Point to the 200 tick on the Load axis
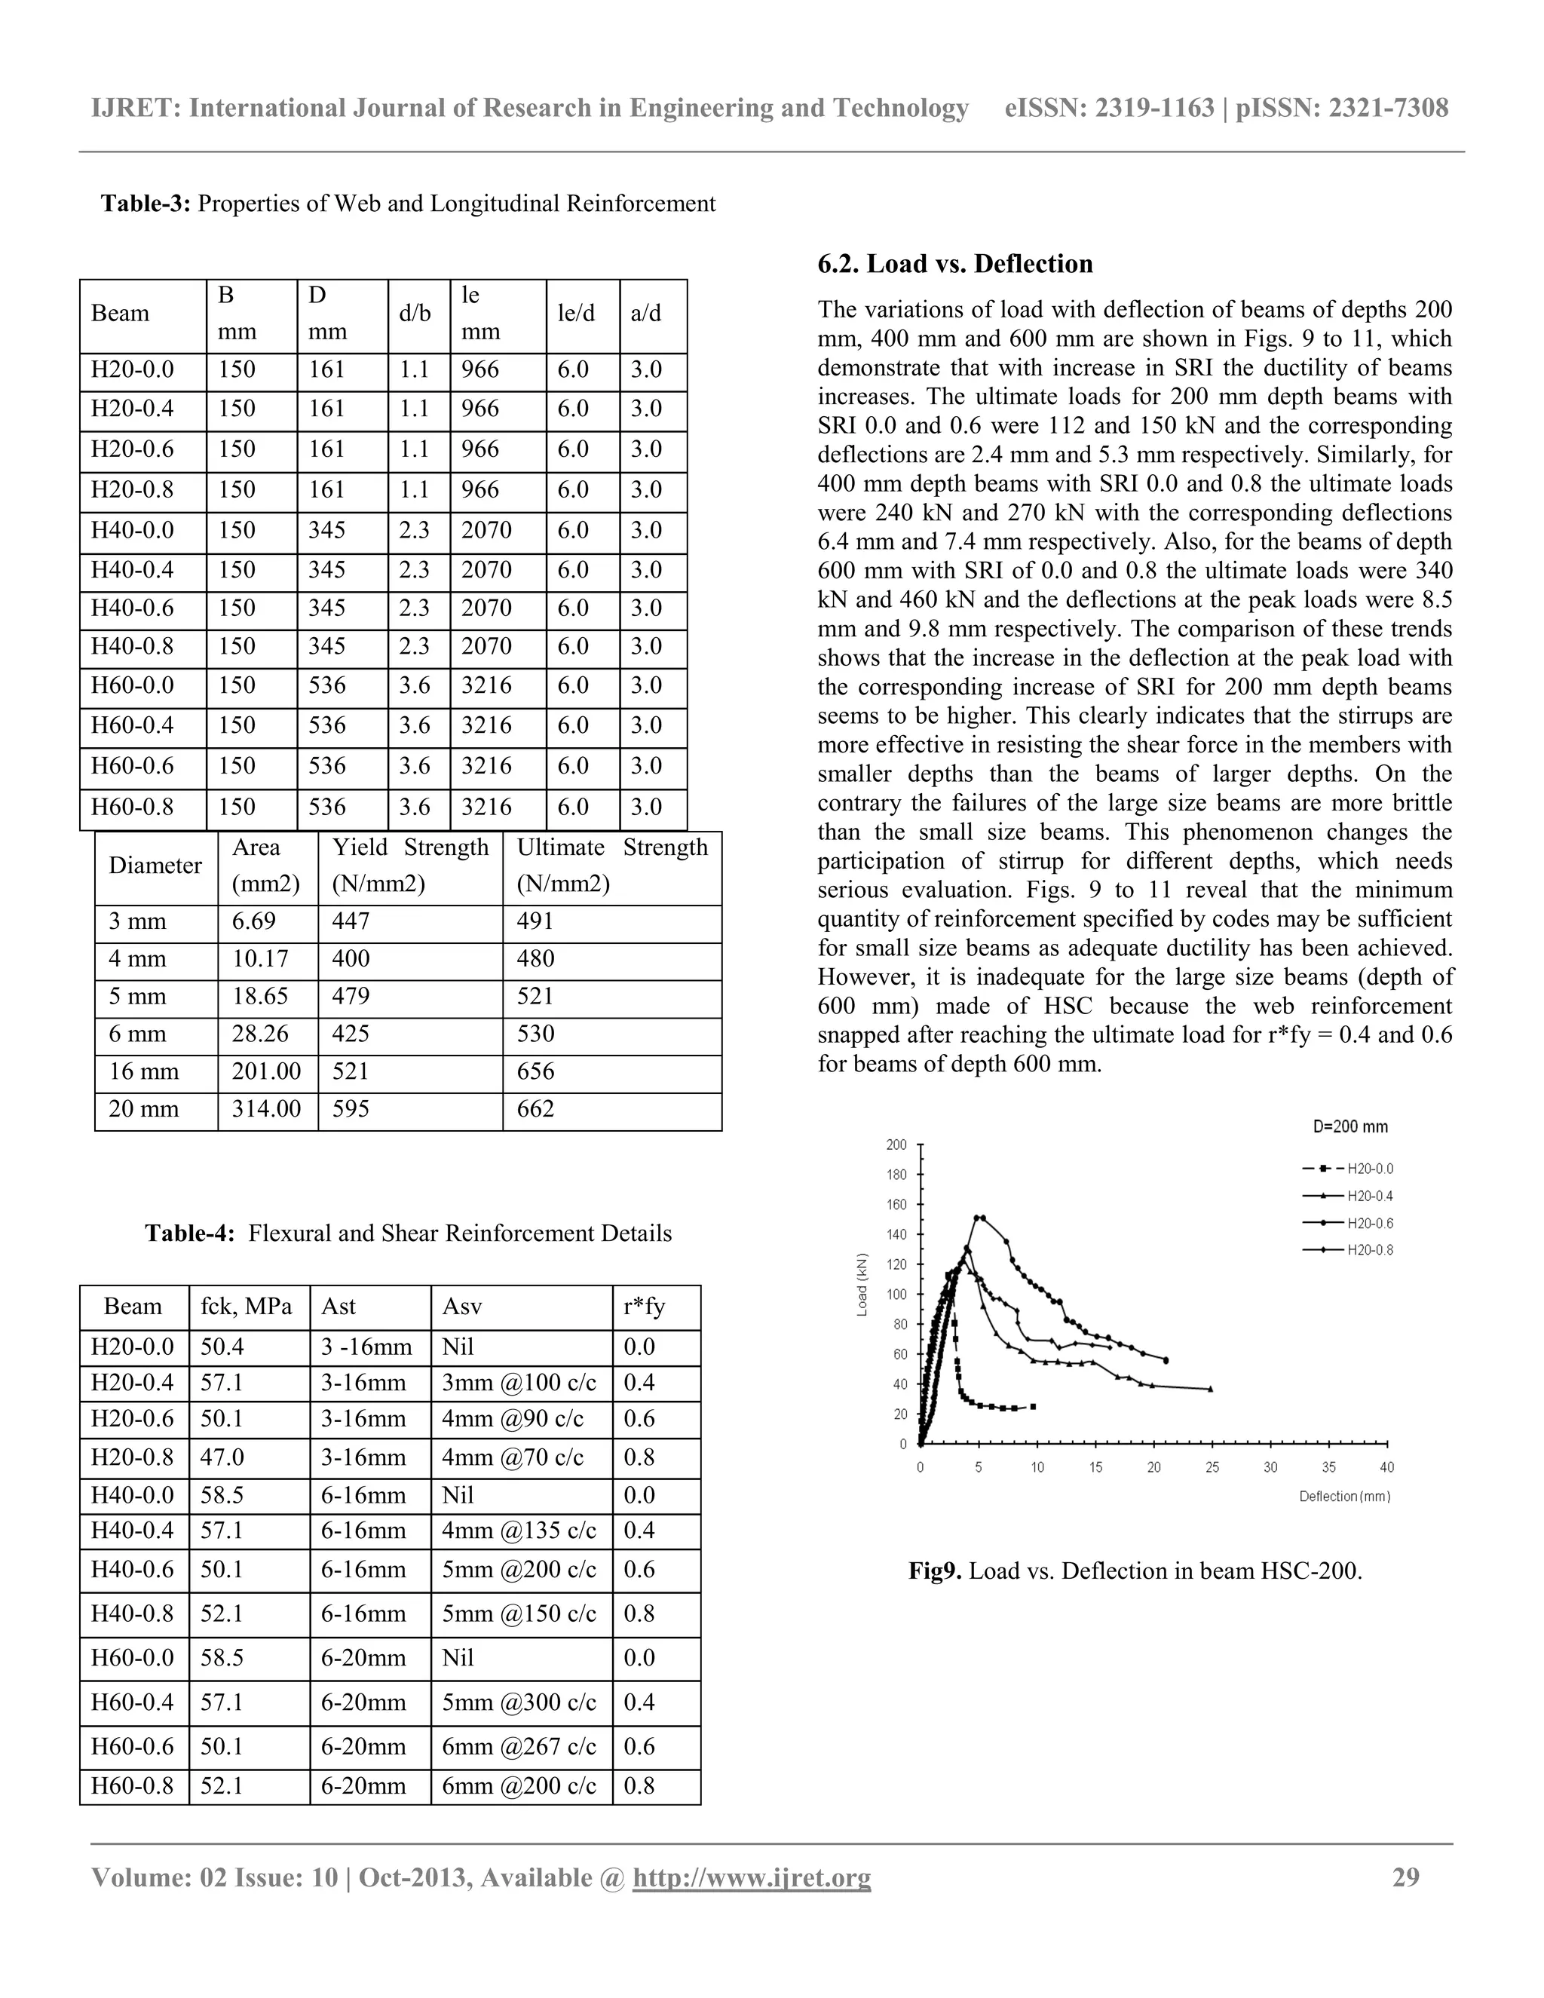click(x=896, y=1145)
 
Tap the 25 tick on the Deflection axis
click(x=1212, y=1467)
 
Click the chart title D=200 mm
click(x=1350, y=1126)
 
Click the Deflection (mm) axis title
click(x=1343, y=1497)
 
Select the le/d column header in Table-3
click(x=576, y=314)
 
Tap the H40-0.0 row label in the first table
click(x=133, y=530)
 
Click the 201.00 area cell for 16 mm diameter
click(x=266, y=1071)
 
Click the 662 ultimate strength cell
click(x=536, y=1109)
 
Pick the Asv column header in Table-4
click(x=462, y=1307)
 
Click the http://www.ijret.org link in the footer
click(x=751, y=1877)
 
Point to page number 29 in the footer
click(x=1405, y=1877)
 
